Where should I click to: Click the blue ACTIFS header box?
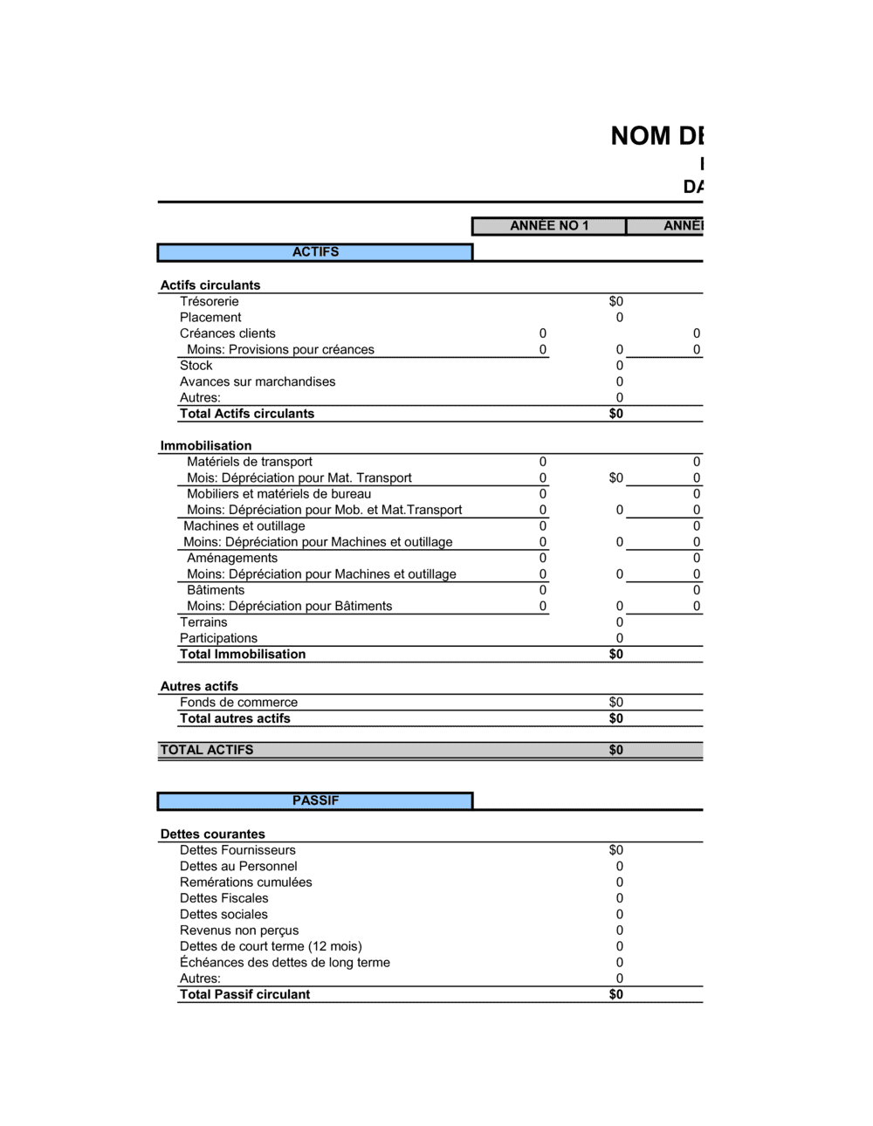click(315, 252)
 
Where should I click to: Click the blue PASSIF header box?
click(315, 800)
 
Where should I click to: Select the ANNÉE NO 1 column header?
click(549, 226)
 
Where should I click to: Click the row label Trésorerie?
click(209, 302)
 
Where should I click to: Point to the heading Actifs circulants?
click(210, 285)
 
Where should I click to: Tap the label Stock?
click(196, 366)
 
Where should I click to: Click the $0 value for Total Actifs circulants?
click(615, 414)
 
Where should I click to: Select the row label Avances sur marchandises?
click(258, 381)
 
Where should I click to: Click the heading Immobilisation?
click(206, 446)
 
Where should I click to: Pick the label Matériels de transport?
click(250, 462)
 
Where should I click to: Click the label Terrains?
click(203, 622)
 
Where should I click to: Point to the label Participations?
click(218, 638)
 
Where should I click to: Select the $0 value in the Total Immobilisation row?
click(615, 655)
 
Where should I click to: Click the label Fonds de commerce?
click(238, 703)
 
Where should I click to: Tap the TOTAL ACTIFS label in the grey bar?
click(207, 750)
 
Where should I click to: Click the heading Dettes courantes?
click(213, 834)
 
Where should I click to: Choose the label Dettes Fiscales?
click(224, 898)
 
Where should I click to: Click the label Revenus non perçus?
click(239, 930)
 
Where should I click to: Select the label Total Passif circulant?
click(244, 994)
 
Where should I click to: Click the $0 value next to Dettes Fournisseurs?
click(615, 850)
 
